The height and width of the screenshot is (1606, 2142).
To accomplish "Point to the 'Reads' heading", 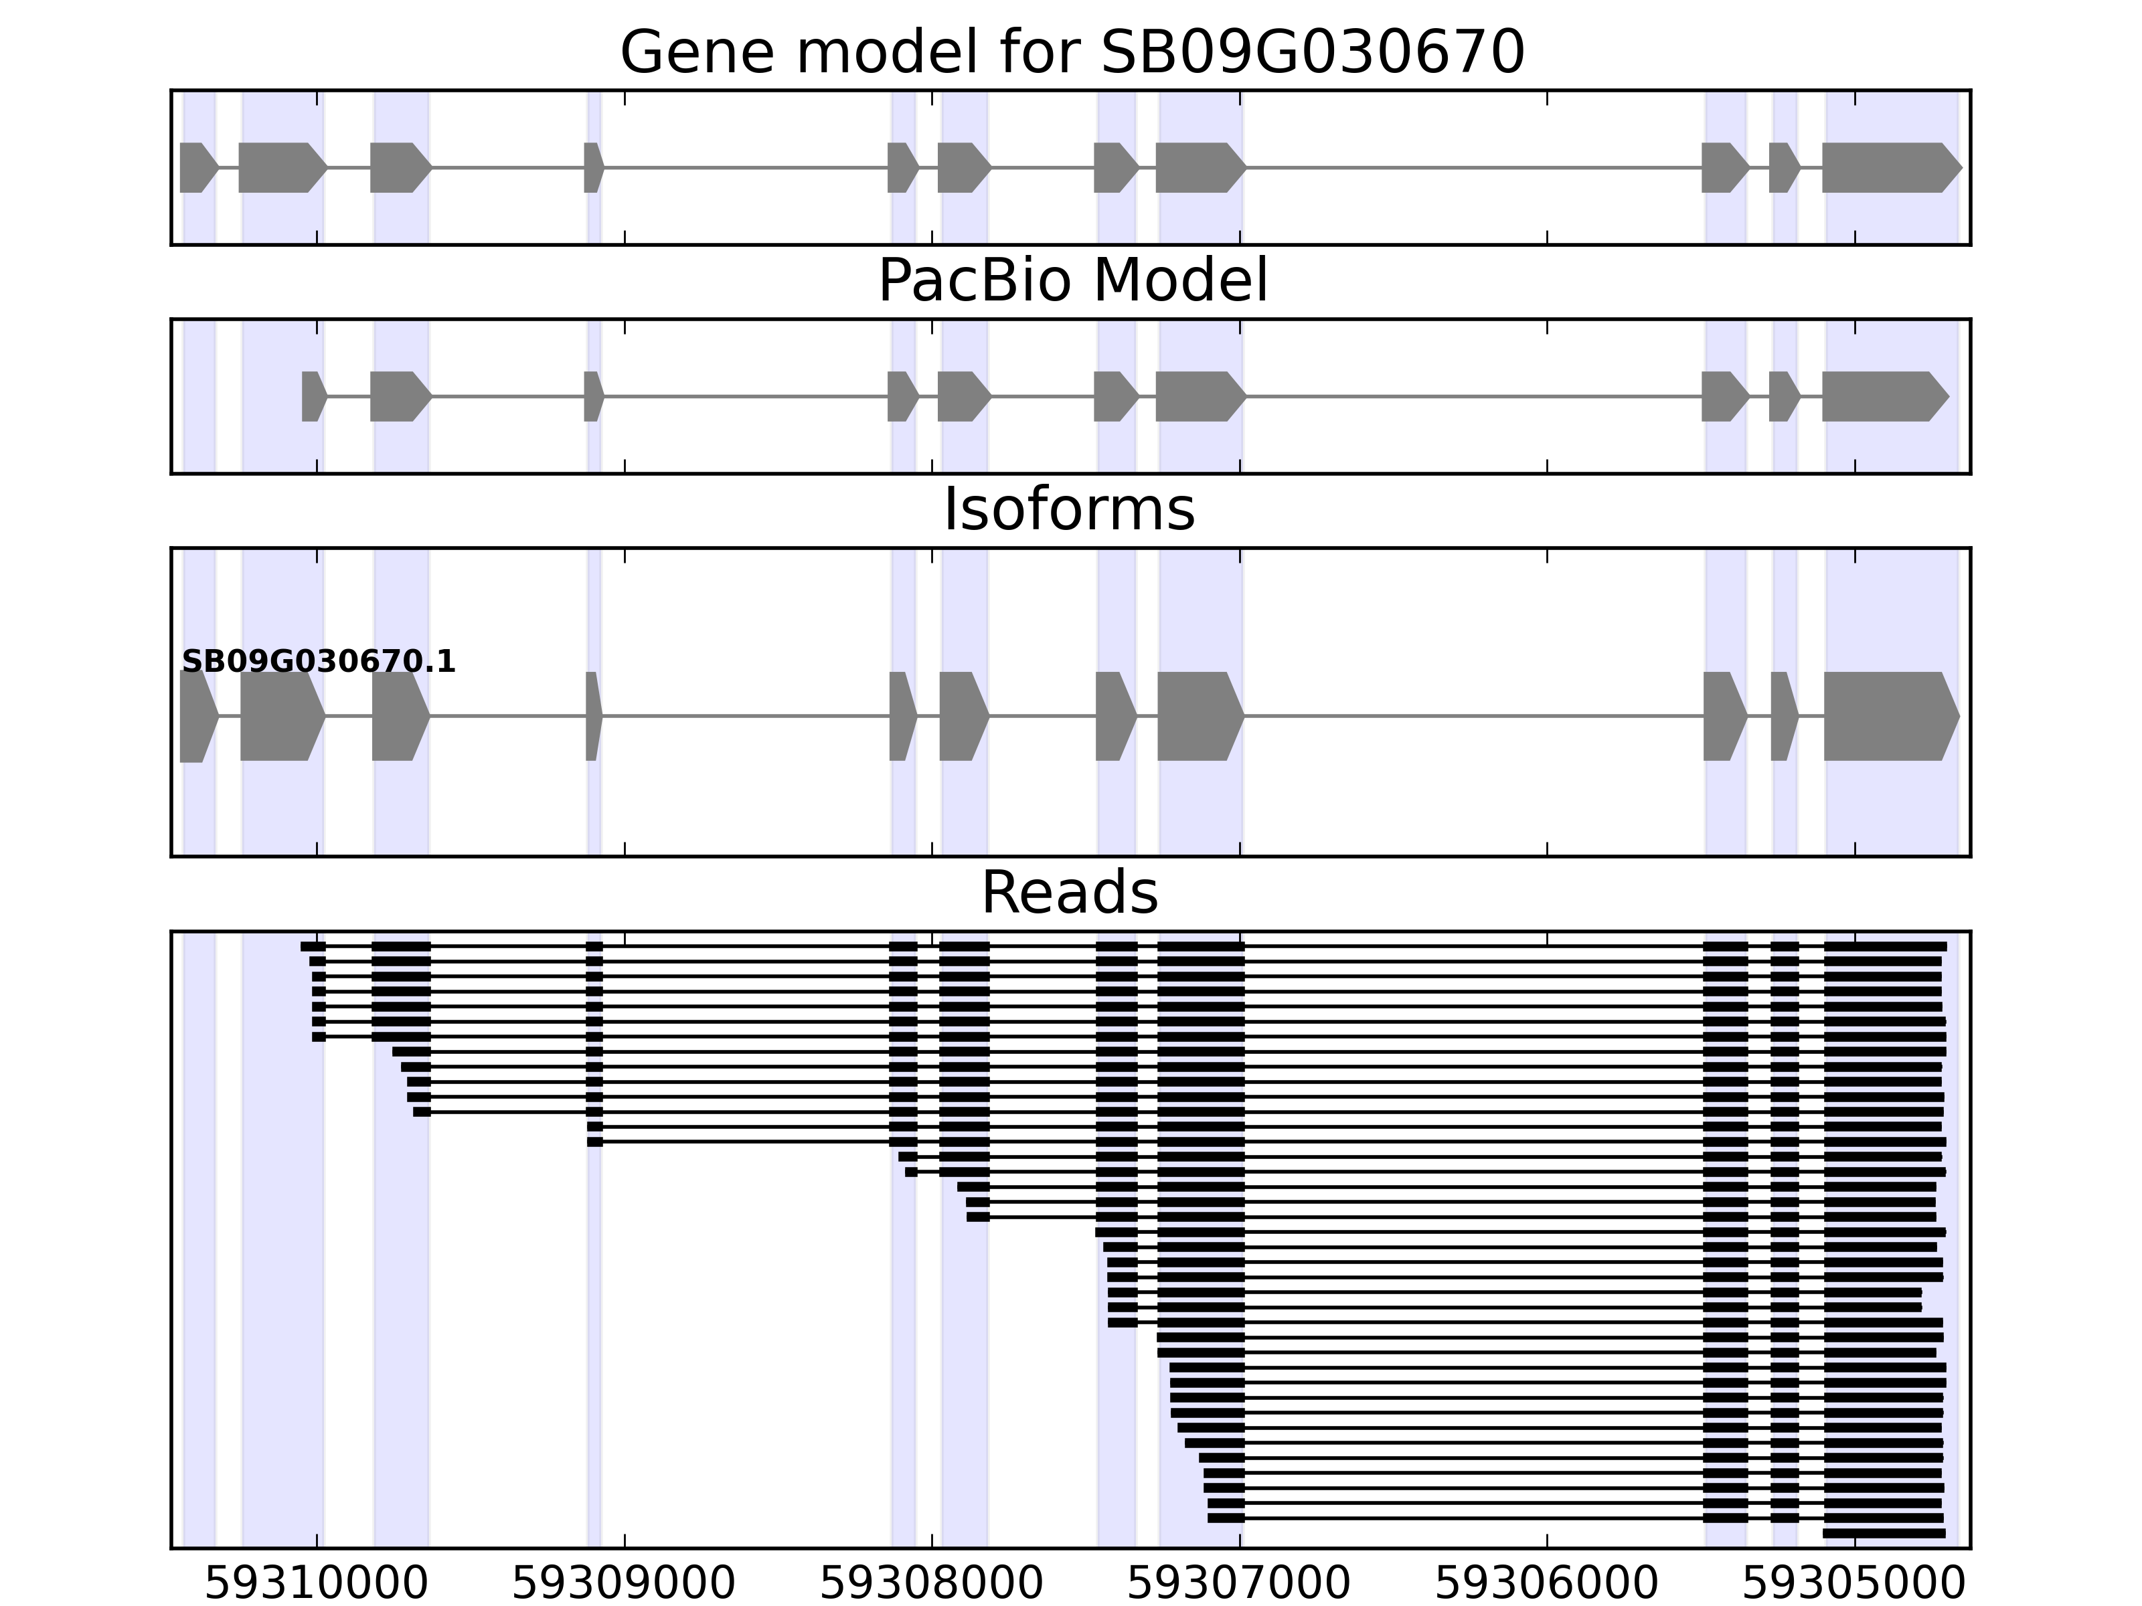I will pos(1069,893).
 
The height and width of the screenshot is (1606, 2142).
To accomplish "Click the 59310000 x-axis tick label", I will pos(316,1584).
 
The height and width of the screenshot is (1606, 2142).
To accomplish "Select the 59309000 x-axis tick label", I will pos(624,1584).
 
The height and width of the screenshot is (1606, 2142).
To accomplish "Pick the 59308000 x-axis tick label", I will pos(932,1584).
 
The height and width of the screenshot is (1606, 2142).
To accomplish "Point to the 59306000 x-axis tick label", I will pos(1546,1584).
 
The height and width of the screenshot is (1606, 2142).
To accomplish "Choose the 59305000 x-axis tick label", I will pos(1853,1584).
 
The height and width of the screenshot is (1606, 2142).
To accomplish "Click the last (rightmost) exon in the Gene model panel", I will pos(1888,167).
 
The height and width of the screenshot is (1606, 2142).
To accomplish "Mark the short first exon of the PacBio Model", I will pos(313,396).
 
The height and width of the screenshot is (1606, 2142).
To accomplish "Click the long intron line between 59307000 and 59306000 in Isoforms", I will pos(1472,717).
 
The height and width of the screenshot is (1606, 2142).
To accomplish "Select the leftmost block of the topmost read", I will pos(313,946).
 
